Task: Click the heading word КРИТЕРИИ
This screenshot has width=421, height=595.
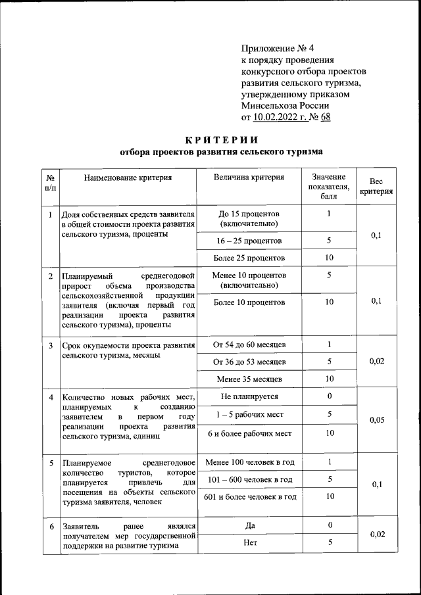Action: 221,139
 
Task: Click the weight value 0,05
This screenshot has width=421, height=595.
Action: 376,420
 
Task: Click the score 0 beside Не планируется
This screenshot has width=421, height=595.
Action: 329,396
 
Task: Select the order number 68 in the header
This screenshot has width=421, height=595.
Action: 325,118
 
